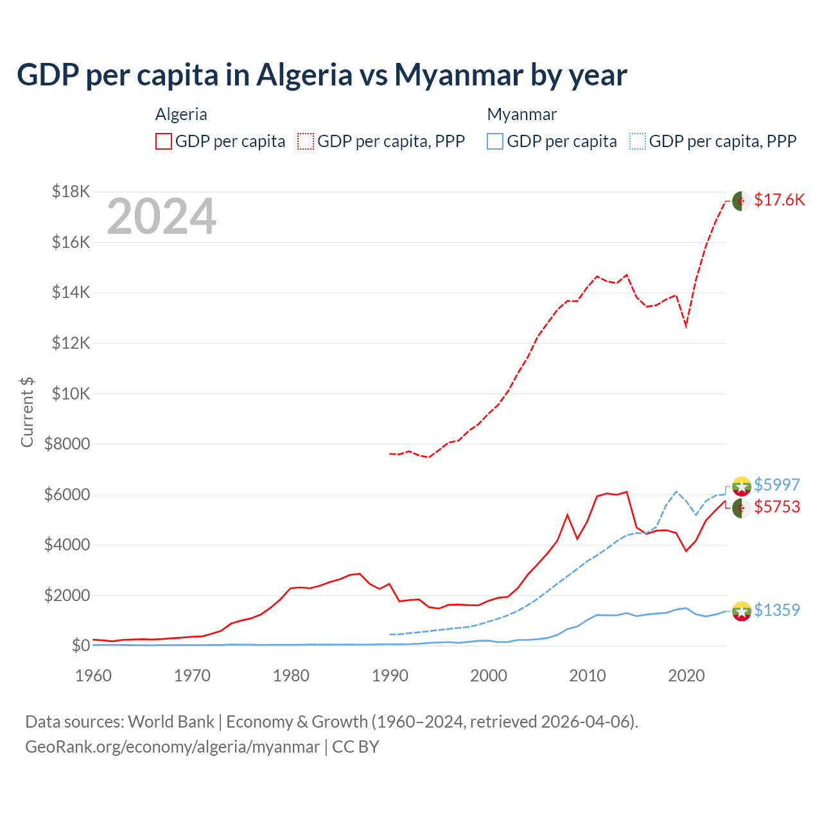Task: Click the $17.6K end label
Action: tap(779, 200)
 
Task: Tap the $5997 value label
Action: tap(776, 485)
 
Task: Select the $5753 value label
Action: tap(776, 507)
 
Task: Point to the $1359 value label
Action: tap(776, 610)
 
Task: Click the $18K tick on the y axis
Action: tap(71, 191)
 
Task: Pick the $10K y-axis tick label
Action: tap(71, 394)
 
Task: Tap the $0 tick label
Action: tap(80, 645)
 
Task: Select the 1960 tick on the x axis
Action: tap(94, 676)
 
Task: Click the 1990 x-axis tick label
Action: tap(390, 676)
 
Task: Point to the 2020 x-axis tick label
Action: tap(686, 676)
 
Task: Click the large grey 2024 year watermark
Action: tap(161, 217)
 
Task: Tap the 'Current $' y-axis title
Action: tap(27, 412)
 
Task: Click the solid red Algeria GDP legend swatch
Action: tap(164, 141)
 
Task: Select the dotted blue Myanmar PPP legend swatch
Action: tap(638, 141)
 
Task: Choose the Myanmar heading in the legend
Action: tap(521, 114)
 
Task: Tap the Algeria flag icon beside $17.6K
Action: tap(741, 200)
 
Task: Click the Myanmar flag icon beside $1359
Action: tap(741, 611)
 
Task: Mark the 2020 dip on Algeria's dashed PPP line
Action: tap(686, 326)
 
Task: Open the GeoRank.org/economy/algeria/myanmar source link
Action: tap(172, 747)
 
